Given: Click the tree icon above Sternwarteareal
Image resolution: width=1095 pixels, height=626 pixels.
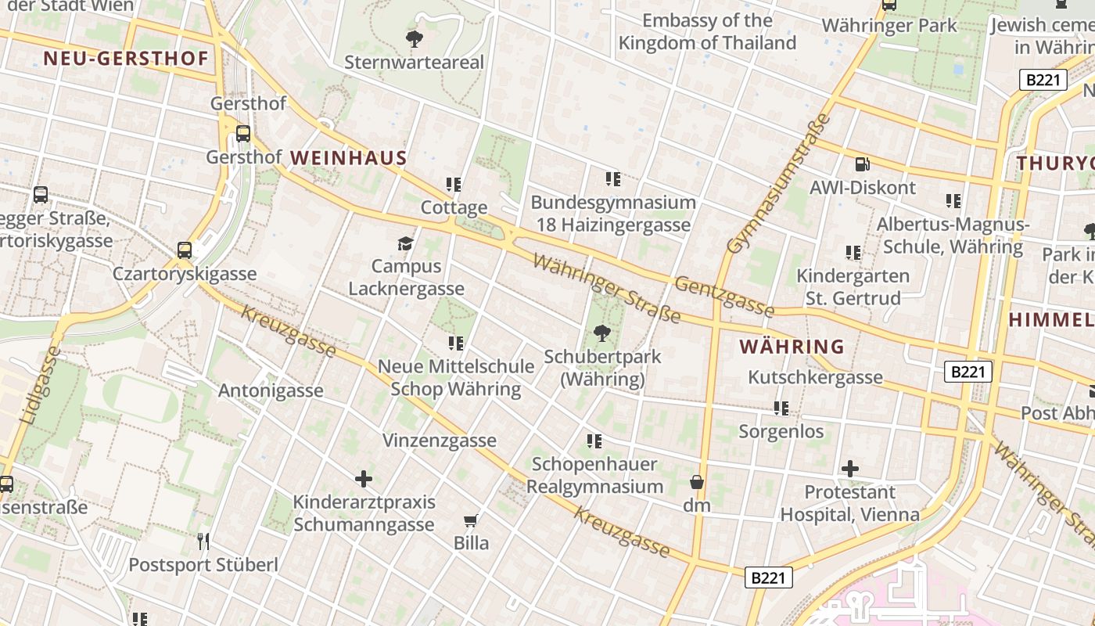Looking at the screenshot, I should tap(415, 38).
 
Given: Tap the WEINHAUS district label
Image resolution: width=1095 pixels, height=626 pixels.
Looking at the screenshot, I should tap(349, 158).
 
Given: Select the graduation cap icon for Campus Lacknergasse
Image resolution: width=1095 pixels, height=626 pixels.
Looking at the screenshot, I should tap(405, 243).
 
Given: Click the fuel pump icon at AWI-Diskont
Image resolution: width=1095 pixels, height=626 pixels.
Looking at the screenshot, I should tap(862, 164).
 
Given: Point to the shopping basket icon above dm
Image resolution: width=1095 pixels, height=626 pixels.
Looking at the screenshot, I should tap(696, 482).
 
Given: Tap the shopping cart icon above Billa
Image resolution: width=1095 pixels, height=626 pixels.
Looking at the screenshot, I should tap(470, 520).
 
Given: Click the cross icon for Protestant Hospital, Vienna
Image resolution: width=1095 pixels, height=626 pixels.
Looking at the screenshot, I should tap(850, 469).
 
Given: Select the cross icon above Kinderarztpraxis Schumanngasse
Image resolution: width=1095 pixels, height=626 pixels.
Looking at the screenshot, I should tap(364, 478).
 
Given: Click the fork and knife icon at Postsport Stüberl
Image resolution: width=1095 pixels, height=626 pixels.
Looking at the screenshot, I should tap(203, 541).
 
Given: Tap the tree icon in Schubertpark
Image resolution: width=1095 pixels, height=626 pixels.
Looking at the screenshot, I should tap(601, 333).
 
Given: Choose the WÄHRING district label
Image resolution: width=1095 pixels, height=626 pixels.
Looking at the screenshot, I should tap(792, 346).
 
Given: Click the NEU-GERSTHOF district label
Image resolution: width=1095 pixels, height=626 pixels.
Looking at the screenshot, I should tap(126, 59).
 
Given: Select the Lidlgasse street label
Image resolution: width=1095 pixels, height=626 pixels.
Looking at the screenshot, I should tap(39, 386).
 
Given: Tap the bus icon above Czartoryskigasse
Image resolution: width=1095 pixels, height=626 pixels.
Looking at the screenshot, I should tap(185, 250).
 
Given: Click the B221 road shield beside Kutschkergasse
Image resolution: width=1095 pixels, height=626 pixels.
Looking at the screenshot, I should tap(968, 372).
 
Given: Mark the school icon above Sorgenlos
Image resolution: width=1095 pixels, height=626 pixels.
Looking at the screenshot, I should tap(781, 408).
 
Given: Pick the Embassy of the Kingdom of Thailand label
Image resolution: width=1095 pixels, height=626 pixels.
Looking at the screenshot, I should tap(707, 32).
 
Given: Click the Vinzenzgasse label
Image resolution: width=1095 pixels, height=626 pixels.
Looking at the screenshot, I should tap(439, 441).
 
